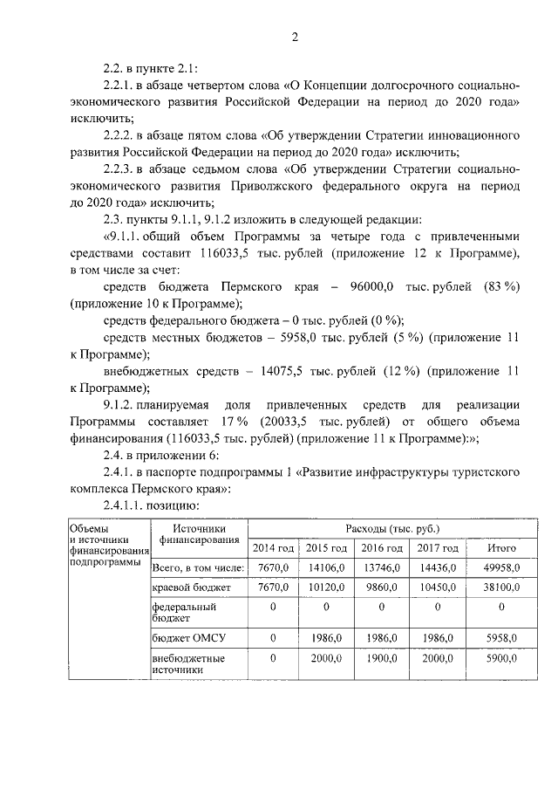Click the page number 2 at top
(295, 37)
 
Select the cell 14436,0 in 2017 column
(438, 567)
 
